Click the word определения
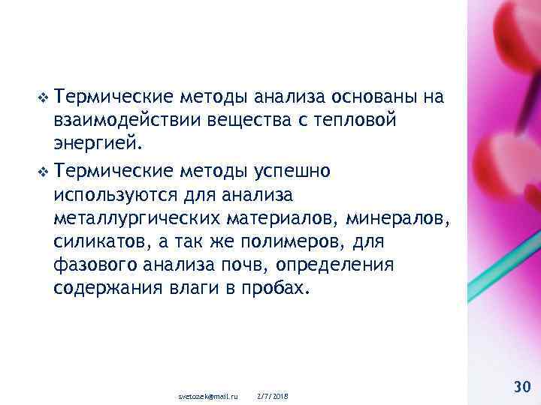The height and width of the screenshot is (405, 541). click(x=352, y=265)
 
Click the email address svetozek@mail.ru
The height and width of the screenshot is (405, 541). click(x=207, y=395)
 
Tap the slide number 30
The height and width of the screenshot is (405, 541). click(x=521, y=386)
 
